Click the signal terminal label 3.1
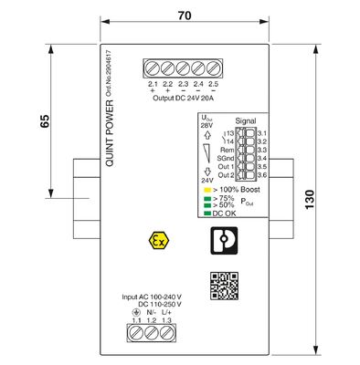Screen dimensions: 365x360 point(261,133)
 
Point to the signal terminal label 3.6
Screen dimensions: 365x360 point(261,174)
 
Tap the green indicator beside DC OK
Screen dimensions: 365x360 point(207,213)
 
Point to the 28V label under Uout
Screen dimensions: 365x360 point(206,126)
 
